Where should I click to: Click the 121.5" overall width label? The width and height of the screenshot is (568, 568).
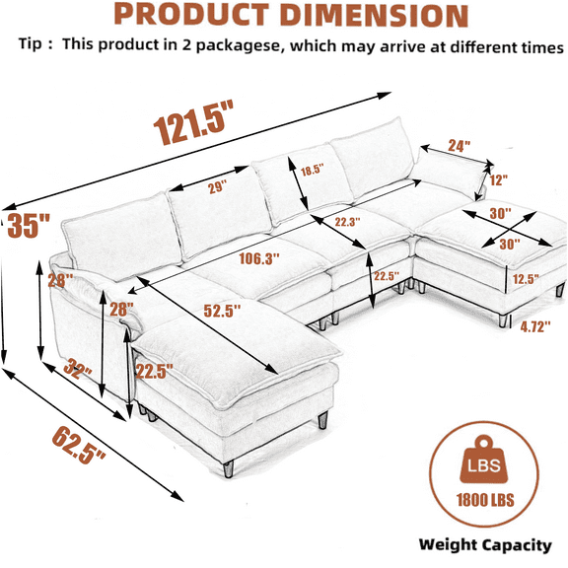pos(193,122)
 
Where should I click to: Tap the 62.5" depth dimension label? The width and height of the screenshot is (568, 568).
pos(79,445)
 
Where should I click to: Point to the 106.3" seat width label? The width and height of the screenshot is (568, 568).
pos(259,258)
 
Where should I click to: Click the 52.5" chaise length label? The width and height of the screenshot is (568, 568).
pos(222,311)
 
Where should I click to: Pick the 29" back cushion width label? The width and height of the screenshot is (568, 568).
pos(217,187)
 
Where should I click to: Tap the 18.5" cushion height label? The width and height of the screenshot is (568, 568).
pos(312,170)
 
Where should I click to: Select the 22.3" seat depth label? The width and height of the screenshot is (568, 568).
pos(347,222)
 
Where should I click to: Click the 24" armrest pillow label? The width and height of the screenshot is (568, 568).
pos(460,145)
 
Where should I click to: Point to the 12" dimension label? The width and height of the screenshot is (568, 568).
pos(498,180)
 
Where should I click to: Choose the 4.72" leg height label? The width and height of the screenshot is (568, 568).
pos(535,326)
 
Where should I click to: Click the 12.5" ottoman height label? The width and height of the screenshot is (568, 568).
pos(526,279)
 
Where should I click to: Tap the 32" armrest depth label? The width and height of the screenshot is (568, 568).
pos(78,369)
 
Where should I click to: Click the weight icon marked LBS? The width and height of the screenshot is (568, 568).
pos(484,461)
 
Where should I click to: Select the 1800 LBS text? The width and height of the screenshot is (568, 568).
pos(485,500)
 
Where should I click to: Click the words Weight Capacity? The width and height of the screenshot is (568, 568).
pos(485,545)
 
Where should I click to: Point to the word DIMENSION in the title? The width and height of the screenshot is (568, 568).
pos(374,16)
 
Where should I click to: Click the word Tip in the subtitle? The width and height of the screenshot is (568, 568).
pos(30,43)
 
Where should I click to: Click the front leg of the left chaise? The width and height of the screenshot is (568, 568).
pos(228,468)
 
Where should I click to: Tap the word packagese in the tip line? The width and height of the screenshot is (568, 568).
pos(239,46)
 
